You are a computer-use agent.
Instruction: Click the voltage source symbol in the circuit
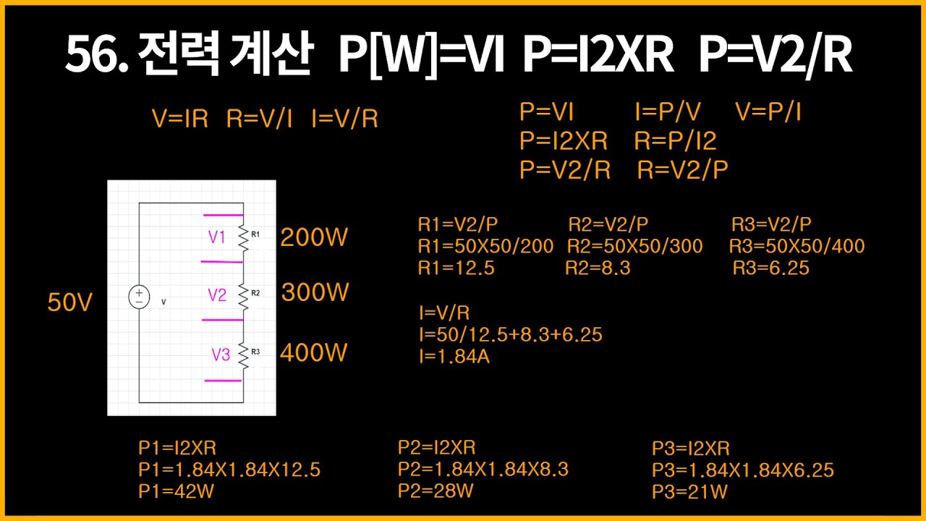click(139, 297)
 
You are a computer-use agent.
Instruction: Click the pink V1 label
click(218, 237)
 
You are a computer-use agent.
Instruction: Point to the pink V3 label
click(221, 355)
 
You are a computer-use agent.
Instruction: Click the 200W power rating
click(314, 237)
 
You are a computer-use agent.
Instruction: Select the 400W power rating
click(314, 353)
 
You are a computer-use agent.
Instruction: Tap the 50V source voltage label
click(70, 302)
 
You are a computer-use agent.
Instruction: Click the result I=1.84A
click(454, 356)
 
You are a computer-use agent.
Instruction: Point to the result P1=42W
click(177, 491)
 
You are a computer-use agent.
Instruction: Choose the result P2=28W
click(436, 491)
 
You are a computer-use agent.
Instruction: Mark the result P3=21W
click(689, 492)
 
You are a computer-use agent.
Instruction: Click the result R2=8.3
click(598, 268)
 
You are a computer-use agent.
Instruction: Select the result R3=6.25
click(770, 268)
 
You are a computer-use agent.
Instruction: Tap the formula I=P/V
click(668, 112)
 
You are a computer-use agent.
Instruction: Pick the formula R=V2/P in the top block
click(683, 170)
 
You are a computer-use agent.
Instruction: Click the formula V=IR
click(180, 119)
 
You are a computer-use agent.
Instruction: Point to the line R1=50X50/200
click(485, 247)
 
